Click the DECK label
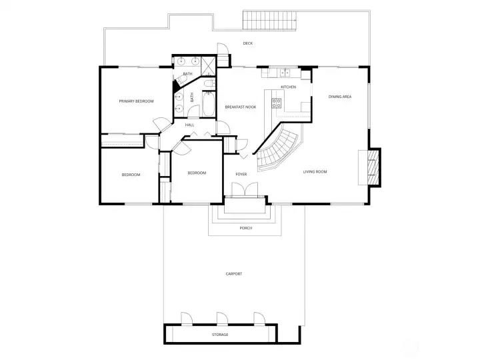click(x=247, y=43)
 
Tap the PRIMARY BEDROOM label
click(x=136, y=101)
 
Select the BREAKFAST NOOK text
click(x=240, y=107)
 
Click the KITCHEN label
click(x=289, y=87)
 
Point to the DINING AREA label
click(x=340, y=97)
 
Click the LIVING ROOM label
click(x=315, y=172)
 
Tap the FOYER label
click(x=241, y=174)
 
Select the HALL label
click(x=189, y=125)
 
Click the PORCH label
click(x=246, y=228)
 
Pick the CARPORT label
click(x=234, y=274)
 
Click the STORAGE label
click(x=220, y=335)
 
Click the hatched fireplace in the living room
click(x=373, y=167)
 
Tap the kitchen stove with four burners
click(x=277, y=103)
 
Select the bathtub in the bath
click(x=209, y=103)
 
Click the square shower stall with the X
click(x=208, y=65)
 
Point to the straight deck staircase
click(x=270, y=20)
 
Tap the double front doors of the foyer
click(x=245, y=190)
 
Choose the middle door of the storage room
click(x=222, y=319)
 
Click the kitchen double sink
click(x=285, y=73)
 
